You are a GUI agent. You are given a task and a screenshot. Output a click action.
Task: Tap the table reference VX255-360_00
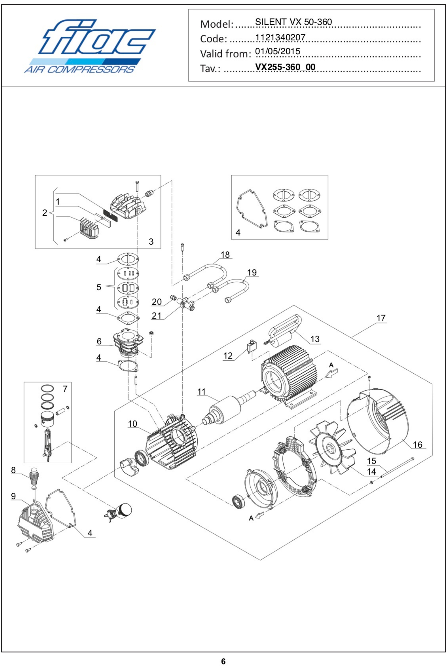[285, 67]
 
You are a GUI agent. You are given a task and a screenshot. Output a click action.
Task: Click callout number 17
[381, 318]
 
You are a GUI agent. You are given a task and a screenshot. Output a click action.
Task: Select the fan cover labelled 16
[379, 422]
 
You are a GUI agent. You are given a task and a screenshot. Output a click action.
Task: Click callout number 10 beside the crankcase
[133, 424]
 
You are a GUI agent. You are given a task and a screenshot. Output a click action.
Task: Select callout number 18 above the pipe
[225, 255]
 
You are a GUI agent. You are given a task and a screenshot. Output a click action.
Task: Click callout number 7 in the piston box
[65, 389]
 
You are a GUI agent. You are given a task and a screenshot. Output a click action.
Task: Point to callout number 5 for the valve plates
[99, 287]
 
